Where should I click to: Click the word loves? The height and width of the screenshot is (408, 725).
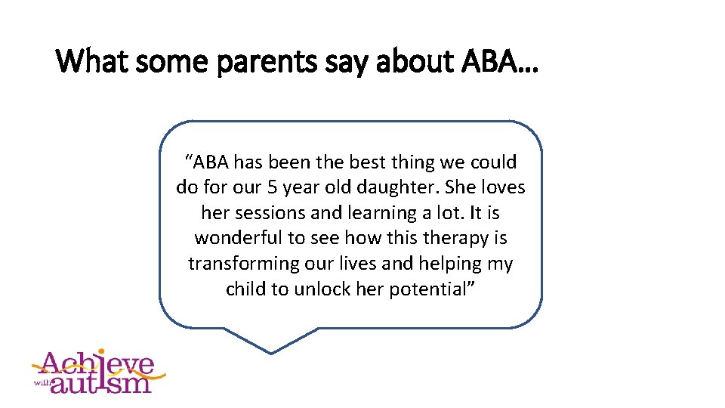501,187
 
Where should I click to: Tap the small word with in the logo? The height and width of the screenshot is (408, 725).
42,382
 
